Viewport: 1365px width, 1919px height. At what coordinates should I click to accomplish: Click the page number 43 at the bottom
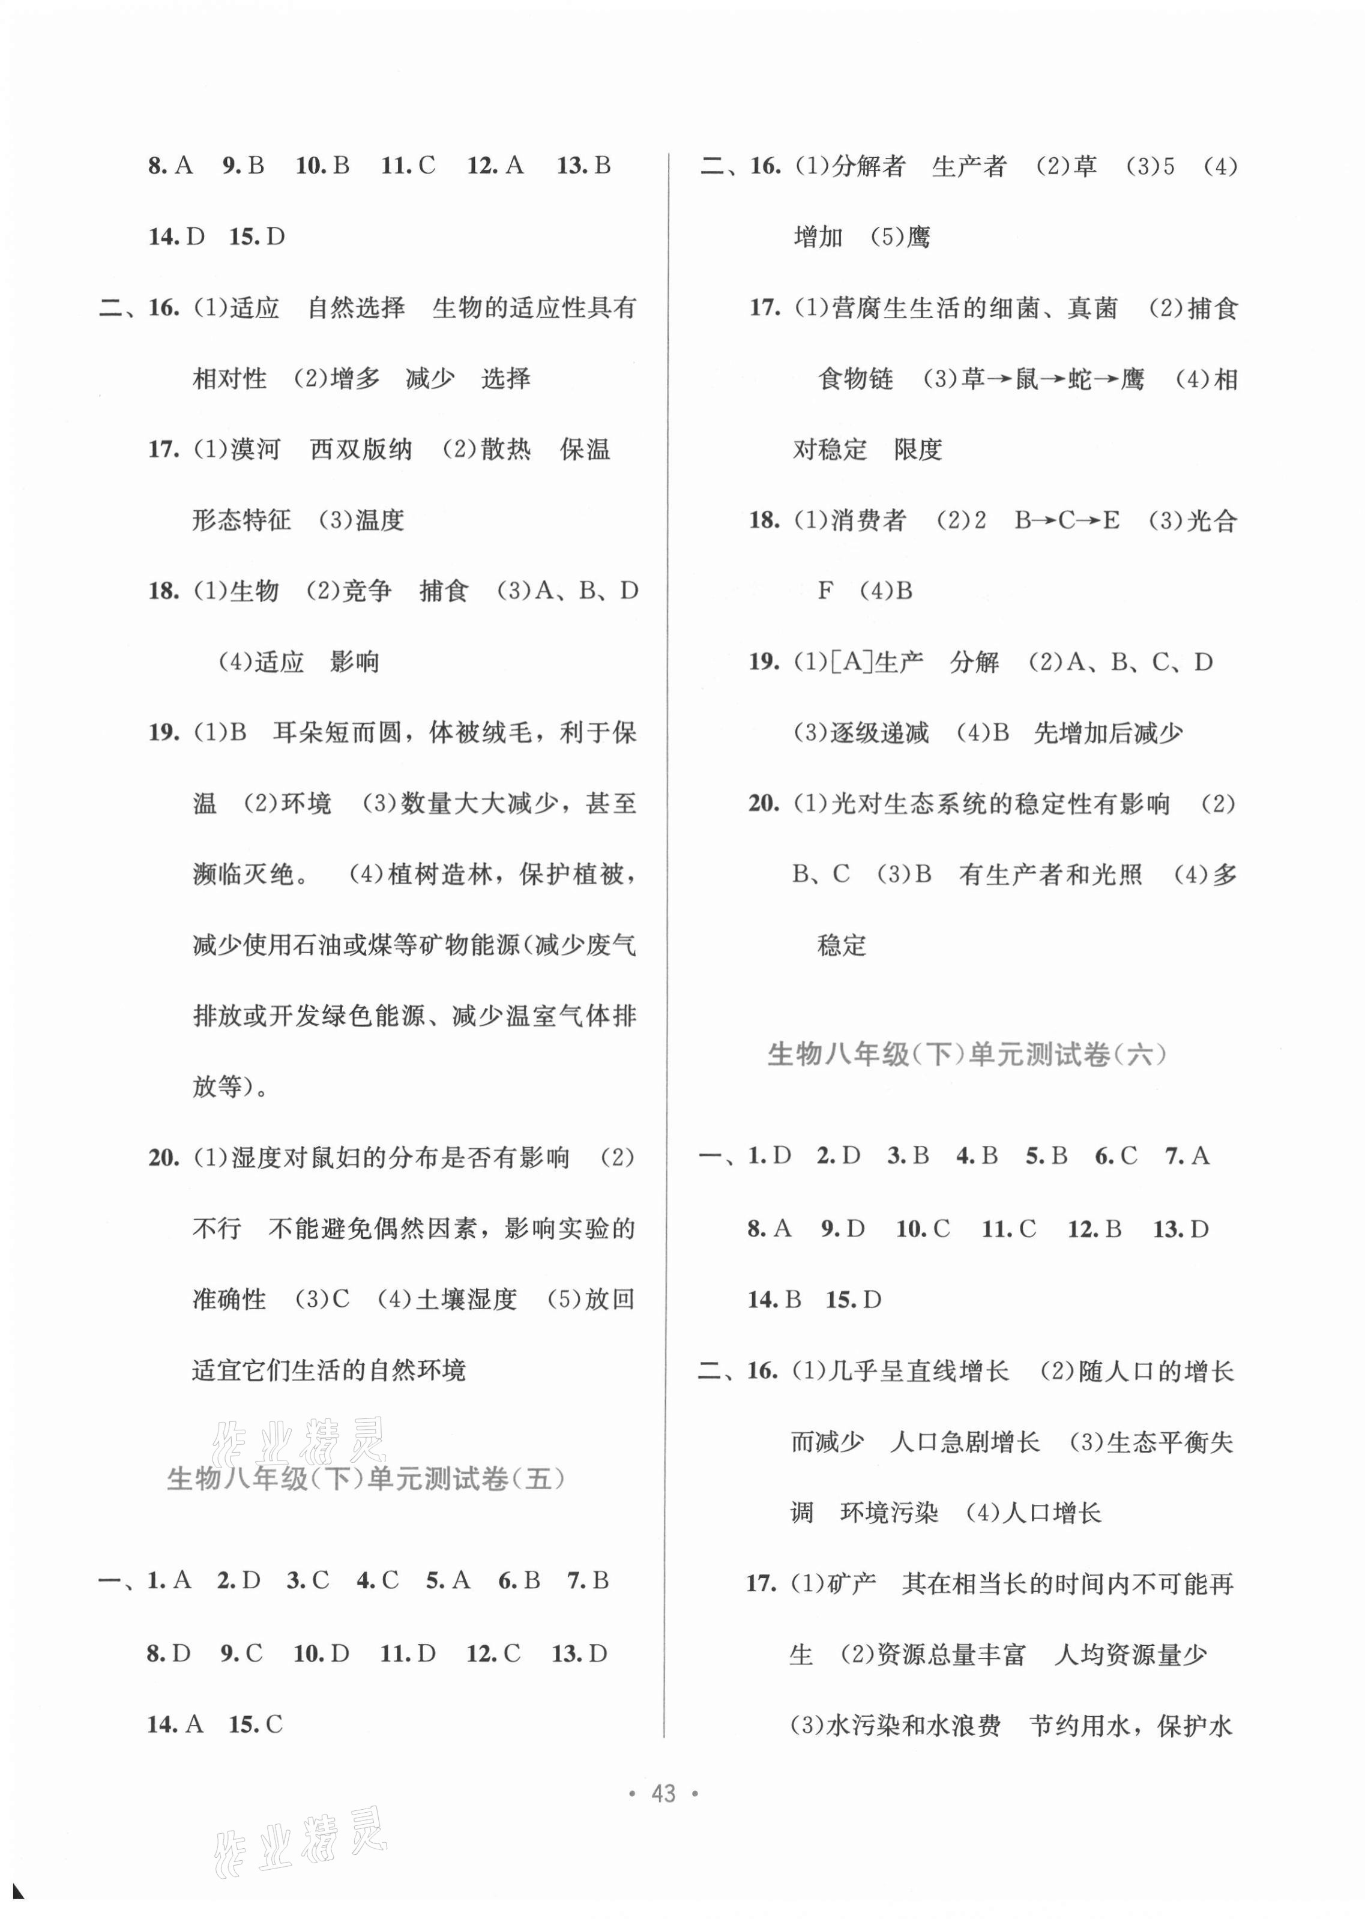(x=663, y=1794)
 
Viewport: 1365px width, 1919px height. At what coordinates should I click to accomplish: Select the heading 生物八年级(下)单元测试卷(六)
(x=966, y=1054)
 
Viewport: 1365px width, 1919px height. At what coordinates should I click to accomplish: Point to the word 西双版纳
(x=361, y=450)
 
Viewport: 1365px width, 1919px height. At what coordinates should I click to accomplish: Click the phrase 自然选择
(x=357, y=308)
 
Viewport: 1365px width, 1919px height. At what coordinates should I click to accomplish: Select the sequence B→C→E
(x=1067, y=520)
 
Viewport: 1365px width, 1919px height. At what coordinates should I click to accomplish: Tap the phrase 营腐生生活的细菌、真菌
(x=974, y=309)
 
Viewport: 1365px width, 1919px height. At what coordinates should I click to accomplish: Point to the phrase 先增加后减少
(x=1108, y=733)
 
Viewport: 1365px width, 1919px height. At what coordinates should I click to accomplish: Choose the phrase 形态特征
(x=241, y=520)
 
